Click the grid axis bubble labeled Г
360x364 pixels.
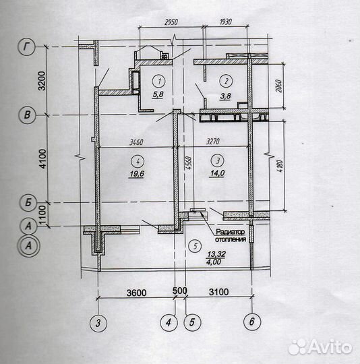[26, 47]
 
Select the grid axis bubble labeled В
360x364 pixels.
[27, 115]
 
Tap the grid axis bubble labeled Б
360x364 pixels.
[28, 203]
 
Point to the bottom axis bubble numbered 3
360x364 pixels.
[98, 323]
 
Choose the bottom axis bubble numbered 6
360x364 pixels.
[252, 322]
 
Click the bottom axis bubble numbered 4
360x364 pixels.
[169, 322]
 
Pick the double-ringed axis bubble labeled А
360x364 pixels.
[28, 245]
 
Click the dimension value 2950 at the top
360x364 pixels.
[171, 22]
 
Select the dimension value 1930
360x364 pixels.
[225, 22]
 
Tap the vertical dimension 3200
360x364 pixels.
[42, 81]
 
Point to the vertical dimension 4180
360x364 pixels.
[280, 166]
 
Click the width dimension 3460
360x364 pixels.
[136, 142]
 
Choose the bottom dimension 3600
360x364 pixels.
[136, 293]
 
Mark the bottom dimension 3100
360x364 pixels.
[218, 292]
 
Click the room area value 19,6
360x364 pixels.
[136, 174]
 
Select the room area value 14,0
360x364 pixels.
[216, 173]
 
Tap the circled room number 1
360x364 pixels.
[158, 82]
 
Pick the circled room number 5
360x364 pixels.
[195, 246]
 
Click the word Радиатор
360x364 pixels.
[230, 232]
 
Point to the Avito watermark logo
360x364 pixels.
[320, 347]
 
